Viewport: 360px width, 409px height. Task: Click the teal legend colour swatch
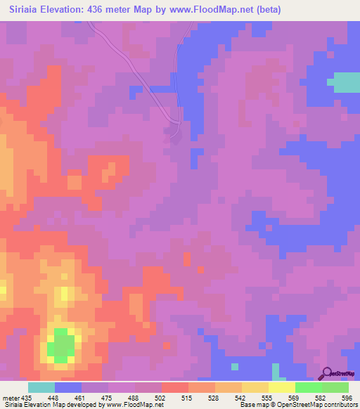pos(41,387)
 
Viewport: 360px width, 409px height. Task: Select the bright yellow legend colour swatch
pos(281,387)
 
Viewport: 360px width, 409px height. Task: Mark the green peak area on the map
pos(62,345)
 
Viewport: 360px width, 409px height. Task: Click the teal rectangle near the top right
pos(344,82)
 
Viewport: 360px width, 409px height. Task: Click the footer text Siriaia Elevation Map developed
pos(49,405)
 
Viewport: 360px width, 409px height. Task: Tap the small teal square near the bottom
pos(234,367)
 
